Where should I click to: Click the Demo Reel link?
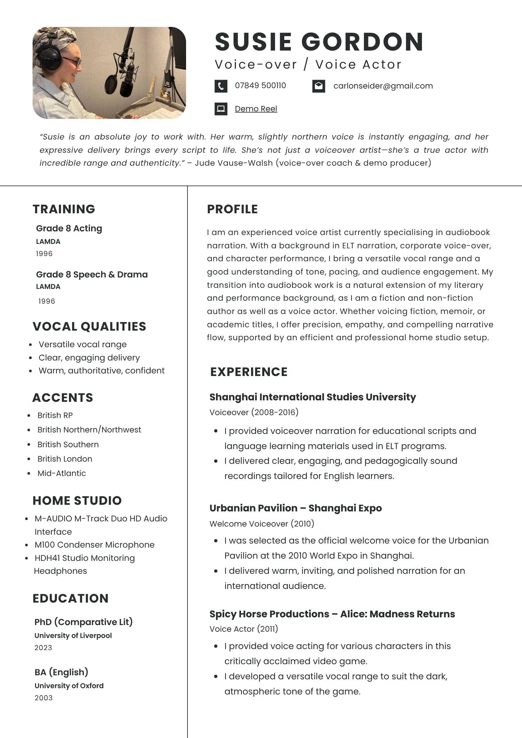(x=256, y=109)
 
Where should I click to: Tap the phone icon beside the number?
(x=221, y=86)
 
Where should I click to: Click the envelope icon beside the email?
(x=319, y=86)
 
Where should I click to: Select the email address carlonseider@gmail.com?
(x=383, y=86)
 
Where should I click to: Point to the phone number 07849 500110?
(x=260, y=86)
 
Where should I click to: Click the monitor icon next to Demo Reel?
(x=221, y=109)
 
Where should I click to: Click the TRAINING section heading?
(x=64, y=209)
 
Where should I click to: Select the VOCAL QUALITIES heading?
(x=89, y=327)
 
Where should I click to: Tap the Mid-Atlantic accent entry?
(x=62, y=473)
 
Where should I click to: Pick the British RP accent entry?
(x=55, y=415)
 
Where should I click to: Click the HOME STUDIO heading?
(x=77, y=501)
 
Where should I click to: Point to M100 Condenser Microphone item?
(x=95, y=545)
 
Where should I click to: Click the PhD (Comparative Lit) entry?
(x=83, y=622)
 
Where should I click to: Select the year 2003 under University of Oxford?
(x=44, y=698)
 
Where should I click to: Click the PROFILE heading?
(x=233, y=209)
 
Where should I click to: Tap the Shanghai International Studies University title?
(x=313, y=397)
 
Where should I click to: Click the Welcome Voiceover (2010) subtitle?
(x=262, y=524)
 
